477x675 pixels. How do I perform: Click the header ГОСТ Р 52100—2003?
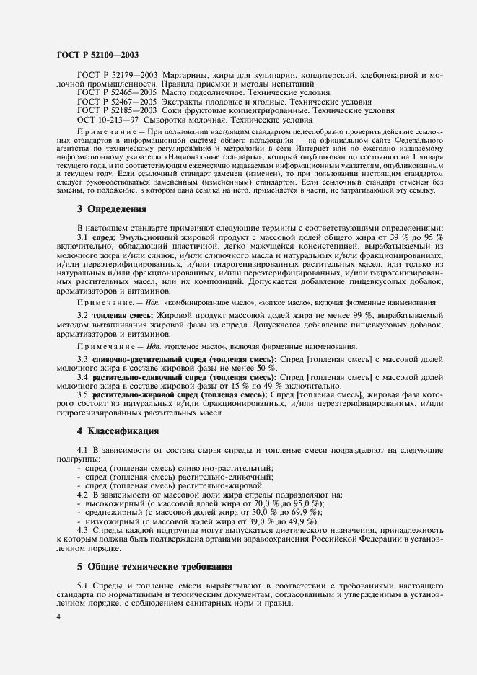[x=97, y=54]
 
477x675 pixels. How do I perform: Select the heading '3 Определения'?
[x=111, y=210]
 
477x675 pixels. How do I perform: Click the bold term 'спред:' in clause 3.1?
[x=105, y=237]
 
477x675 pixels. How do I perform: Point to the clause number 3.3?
[x=82, y=359]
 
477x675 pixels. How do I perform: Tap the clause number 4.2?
[x=82, y=494]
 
